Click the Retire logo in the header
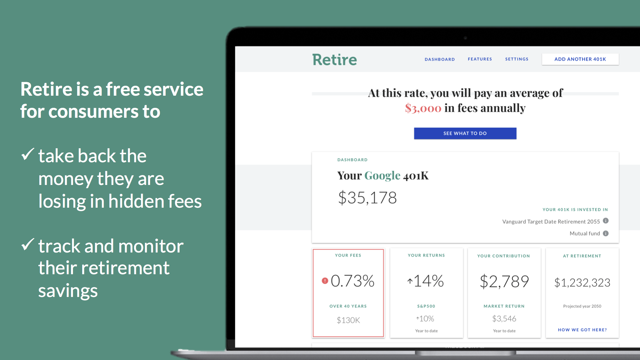[334, 60]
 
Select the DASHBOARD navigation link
[440, 59]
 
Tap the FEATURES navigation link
[480, 59]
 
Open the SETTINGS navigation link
[517, 59]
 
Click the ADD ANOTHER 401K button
[580, 59]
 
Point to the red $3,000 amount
[423, 108]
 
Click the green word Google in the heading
[382, 176]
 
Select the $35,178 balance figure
[367, 198]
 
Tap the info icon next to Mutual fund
[605, 233]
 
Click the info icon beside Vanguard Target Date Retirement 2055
[605, 221]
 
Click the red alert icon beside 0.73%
[325, 281]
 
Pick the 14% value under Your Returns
[428, 281]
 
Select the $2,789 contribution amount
[504, 282]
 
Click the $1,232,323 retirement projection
[582, 283]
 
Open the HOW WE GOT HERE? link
[582, 330]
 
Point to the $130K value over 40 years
[348, 320]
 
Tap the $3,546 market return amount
[504, 318]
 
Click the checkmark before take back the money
[28, 155]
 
